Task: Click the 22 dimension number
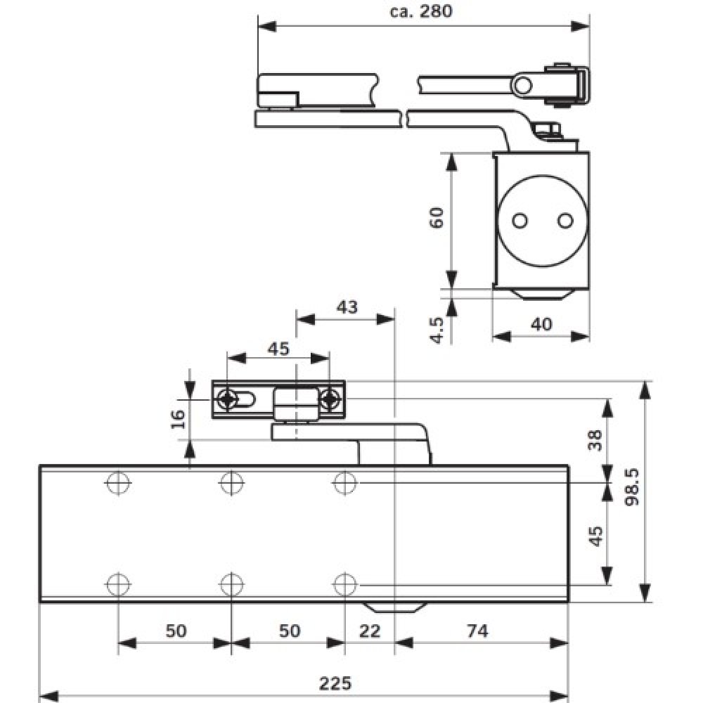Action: pos(369,631)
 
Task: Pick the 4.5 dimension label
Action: pos(437,329)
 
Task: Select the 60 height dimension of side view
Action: pos(437,217)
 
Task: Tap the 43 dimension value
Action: pos(347,307)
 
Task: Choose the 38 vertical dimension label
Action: pos(595,440)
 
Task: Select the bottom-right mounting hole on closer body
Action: pos(344,584)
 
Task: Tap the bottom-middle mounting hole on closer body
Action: pos(231,584)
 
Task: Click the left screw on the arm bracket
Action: pos(227,400)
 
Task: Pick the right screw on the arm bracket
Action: pos(328,400)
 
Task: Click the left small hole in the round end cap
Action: pos(520,221)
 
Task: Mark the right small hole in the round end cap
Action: pos(563,221)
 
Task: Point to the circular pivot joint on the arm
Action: pos(522,85)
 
